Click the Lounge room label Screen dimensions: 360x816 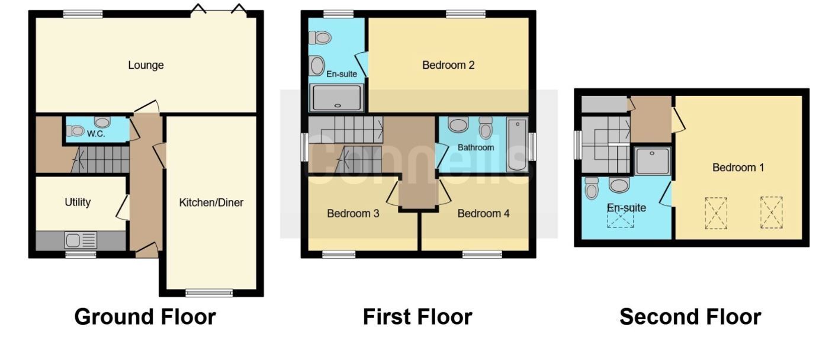(x=146, y=65)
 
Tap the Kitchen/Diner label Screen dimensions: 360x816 (x=211, y=202)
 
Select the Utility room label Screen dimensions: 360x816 (x=78, y=202)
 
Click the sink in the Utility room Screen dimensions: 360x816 (x=73, y=240)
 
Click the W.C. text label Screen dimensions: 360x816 (x=96, y=134)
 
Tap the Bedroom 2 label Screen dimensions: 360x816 (x=448, y=65)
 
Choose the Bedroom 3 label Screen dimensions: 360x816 (x=353, y=213)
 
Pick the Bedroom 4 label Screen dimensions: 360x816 (x=483, y=213)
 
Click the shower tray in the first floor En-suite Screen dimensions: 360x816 (x=336, y=98)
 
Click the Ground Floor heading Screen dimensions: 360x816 (x=145, y=317)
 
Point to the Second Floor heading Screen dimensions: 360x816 (x=690, y=317)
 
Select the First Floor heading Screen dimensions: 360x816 (x=417, y=317)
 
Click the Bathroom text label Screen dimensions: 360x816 (x=476, y=147)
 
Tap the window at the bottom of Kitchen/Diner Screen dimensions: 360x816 (x=209, y=292)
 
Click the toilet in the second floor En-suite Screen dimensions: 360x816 (x=592, y=188)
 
